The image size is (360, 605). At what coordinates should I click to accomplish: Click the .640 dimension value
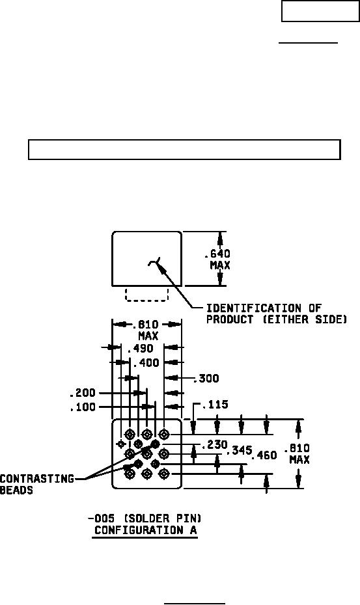(x=217, y=254)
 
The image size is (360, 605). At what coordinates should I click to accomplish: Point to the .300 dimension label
(x=206, y=378)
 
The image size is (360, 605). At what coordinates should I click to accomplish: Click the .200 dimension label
(x=82, y=393)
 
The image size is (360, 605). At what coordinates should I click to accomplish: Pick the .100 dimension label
(x=82, y=407)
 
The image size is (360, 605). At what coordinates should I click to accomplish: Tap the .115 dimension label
(x=215, y=405)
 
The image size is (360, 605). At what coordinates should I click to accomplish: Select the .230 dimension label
(x=215, y=445)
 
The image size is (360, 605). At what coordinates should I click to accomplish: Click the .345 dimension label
(x=240, y=450)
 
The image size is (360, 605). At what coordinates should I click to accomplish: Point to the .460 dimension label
(x=264, y=455)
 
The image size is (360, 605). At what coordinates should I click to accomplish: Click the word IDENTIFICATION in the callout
(x=253, y=308)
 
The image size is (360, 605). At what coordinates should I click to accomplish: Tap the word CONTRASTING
(x=37, y=479)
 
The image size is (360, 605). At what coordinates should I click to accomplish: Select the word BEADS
(x=17, y=491)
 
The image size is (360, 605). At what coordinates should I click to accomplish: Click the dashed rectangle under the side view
(x=146, y=301)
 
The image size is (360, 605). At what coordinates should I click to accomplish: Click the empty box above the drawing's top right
(x=320, y=11)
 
